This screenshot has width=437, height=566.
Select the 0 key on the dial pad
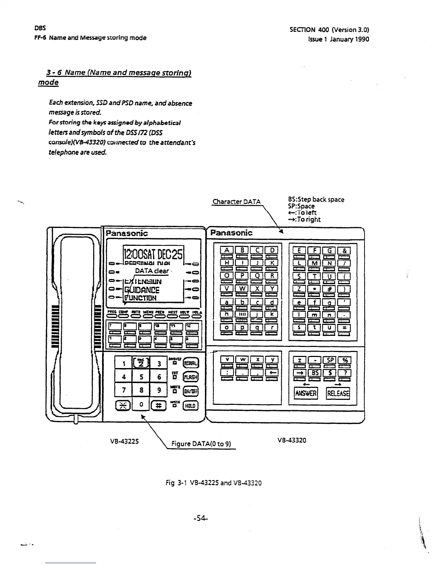[x=141, y=405]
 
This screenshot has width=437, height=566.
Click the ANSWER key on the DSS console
[x=306, y=393]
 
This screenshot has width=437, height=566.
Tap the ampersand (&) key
[x=344, y=250]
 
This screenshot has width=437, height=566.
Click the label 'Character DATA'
[x=237, y=202]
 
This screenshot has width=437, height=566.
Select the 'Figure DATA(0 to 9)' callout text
[x=201, y=444]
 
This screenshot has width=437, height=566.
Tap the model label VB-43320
[x=292, y=440]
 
